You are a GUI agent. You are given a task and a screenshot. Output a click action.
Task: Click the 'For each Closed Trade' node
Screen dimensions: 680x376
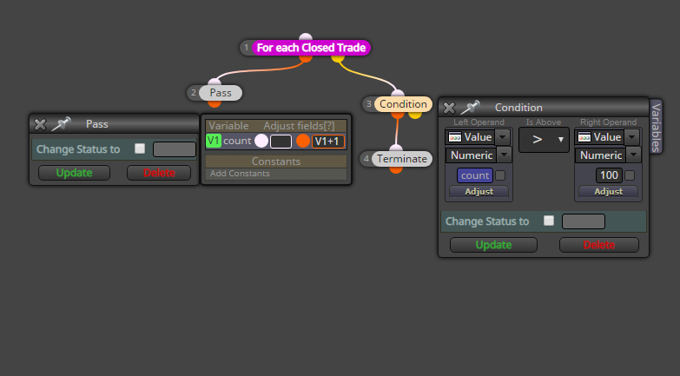tap(311, 48)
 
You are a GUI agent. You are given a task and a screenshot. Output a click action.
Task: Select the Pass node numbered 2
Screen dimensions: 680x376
tap(221, 93)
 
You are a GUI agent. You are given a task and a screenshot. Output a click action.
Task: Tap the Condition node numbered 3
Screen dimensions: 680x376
tap(403, 104)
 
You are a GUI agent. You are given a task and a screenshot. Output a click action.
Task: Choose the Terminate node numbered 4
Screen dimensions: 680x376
tap(401, 159)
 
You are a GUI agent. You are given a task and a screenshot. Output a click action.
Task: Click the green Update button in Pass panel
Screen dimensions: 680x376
tap(74, 173)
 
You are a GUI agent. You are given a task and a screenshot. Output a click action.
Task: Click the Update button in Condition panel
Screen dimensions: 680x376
tap(493, 245)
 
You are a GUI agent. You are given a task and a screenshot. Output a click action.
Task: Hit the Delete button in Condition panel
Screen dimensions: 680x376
tap(599, 245)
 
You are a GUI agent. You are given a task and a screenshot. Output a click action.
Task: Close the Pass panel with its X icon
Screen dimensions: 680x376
tap(40, 124)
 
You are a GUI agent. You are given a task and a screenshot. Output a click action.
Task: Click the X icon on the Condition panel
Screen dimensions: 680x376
tap(449, 108)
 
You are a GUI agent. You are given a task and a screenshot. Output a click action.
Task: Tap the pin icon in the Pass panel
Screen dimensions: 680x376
tap(61, 123)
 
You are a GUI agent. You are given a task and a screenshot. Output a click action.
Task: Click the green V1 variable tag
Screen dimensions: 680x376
tap(214, 141)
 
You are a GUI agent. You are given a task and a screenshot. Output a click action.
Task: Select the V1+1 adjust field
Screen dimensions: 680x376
tap(328, 142)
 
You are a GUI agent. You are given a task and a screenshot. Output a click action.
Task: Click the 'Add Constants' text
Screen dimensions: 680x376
tap(240, 174)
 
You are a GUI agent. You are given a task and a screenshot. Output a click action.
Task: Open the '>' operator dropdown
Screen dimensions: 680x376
tap(544, 139)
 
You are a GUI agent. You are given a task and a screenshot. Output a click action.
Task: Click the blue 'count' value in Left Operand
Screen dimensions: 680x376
tap(475, 175)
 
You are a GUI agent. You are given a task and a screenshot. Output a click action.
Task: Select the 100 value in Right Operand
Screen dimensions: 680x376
tap(609, 175)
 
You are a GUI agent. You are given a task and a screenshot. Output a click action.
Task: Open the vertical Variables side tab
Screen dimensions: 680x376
tap(656, 127)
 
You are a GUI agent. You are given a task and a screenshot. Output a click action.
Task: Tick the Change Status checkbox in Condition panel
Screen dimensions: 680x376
tap(549, 221)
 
